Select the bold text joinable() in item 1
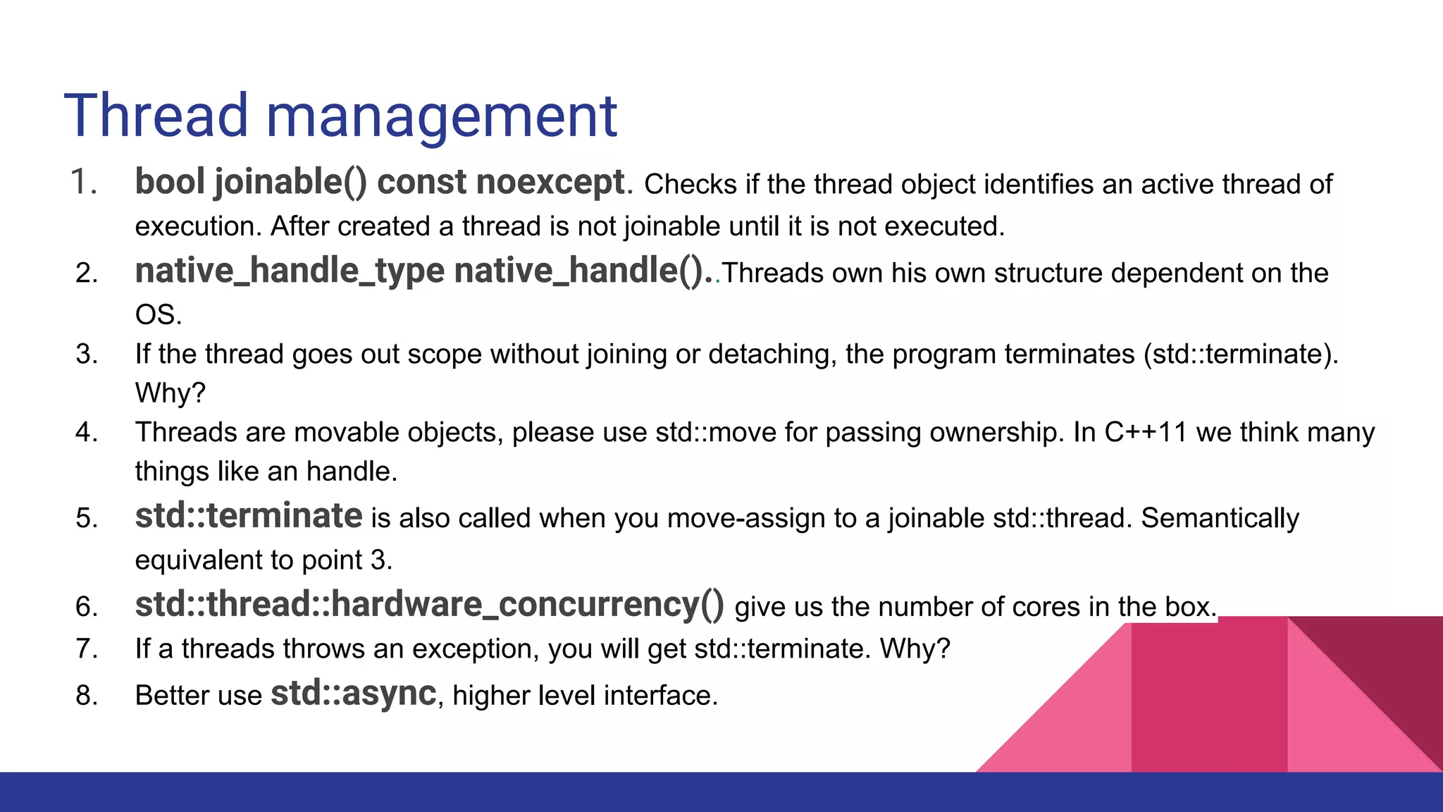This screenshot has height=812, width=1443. point(290,182)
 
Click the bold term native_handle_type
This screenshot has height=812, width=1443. point(290,271)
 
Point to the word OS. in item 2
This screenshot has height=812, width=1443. point(159,314)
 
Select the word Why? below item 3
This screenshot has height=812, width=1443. point(170,393)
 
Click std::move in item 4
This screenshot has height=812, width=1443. point(715,432)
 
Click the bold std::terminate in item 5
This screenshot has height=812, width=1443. point(249,516)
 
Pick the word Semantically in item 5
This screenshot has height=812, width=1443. point(1220,518)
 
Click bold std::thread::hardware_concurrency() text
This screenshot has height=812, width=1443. point(429,605)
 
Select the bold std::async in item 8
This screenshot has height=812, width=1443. point(354,693)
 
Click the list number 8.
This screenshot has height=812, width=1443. point(87,696)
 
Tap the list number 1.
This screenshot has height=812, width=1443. point(83,182)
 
